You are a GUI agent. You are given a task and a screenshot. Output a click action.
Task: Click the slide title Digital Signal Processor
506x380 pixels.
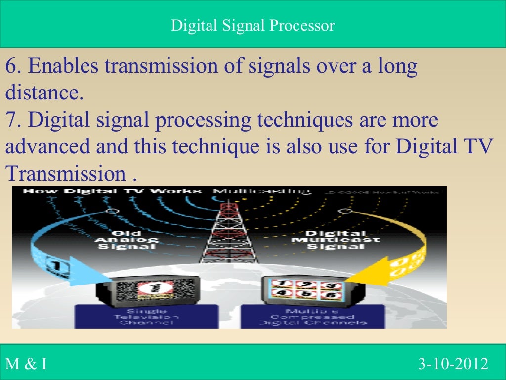click(x=253, y=25)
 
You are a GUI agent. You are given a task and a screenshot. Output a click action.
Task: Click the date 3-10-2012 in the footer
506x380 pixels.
click(x=453, y=365)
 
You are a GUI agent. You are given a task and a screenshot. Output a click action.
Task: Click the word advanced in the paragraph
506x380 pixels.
click(x=48, y=147)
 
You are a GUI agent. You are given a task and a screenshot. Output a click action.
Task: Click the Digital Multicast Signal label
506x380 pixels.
click(x=336, y=240)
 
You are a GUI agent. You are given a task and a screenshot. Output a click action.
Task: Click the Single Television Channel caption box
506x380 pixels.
click(x=146, y=316)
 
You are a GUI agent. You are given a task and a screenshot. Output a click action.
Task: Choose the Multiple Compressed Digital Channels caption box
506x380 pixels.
click(x=313, y=316)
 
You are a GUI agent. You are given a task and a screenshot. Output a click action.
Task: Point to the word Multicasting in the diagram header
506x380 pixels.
click(x=262, y=191)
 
